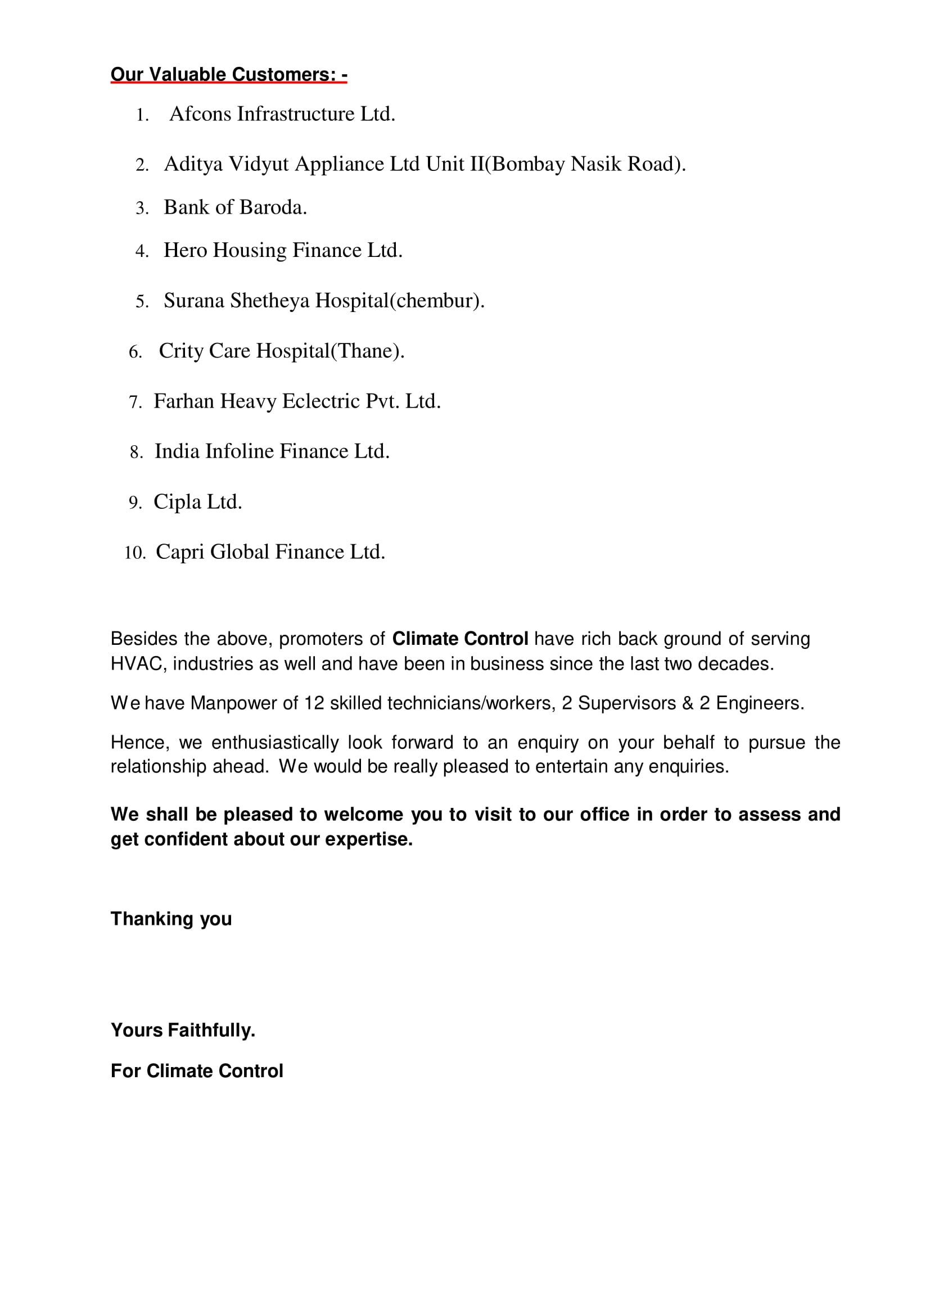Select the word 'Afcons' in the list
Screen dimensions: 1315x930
pos(200,114)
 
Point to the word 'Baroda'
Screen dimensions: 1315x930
pos(274,207)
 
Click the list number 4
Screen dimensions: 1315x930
pos(141,251)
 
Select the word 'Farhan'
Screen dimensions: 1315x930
pos(184,401)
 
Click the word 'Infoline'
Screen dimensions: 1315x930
pos(240,451)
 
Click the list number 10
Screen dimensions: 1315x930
pos(134,553)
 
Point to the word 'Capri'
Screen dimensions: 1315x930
pos(180,552)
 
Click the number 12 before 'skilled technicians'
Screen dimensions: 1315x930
pos(314,703)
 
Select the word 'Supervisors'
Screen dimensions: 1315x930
pos(626,703)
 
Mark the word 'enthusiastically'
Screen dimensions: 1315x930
pos(275,743)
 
